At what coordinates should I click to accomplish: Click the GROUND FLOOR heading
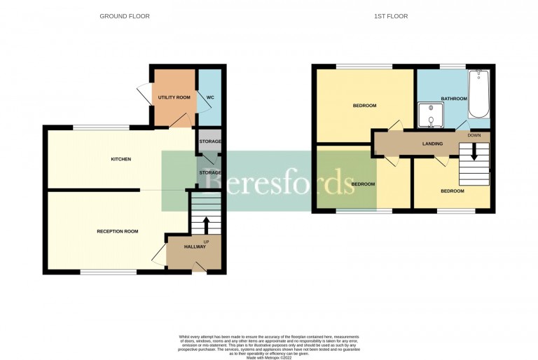tap(124, 16)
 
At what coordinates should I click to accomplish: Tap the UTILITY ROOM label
tap(174, 97)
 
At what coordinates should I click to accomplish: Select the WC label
tap(208, 97)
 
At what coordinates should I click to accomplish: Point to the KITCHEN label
tap(121, 159)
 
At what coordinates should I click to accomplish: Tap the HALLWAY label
tap(195, 247)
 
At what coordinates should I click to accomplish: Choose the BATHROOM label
tap(454, 99)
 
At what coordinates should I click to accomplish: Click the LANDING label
tap(432, 144)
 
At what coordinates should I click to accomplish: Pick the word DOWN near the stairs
tap(474, 134)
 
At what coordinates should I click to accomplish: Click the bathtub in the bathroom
tap(480, 95)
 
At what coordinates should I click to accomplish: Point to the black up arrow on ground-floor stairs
tap(206, 226)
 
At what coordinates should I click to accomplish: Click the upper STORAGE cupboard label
tap(209, 141)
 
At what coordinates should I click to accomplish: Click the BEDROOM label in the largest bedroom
tap(364, 106)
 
